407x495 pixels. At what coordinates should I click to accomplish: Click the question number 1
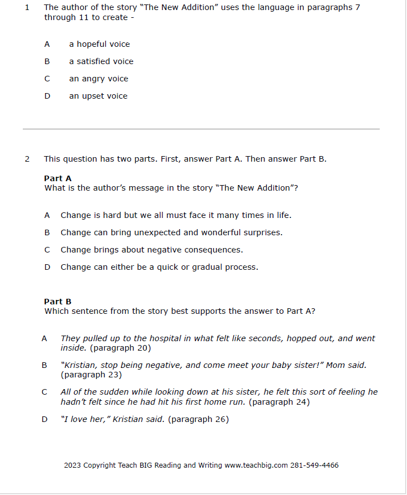coord(27,8)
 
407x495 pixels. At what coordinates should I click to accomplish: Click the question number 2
coord(27,159)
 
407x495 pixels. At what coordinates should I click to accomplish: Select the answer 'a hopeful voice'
coord(99,44)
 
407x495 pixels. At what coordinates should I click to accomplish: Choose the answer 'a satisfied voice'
coord(101,61)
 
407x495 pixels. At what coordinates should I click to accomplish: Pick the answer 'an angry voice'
coord(99,79)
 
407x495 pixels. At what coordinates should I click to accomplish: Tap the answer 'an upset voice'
coord(98,96)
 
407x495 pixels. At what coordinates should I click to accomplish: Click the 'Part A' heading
coord(58,178)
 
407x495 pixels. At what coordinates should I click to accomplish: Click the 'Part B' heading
coord(58,302)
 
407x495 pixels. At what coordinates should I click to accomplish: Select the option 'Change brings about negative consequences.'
coord(151,250)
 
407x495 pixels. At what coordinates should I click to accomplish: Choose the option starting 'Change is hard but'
coord(175,215)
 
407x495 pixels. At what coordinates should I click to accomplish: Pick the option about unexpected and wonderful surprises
coord(171,232)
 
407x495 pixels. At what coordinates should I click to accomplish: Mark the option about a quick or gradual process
coord(159,267)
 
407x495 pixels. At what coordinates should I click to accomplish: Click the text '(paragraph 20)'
coord(120,348)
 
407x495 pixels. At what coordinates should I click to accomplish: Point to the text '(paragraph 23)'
coord(91,375)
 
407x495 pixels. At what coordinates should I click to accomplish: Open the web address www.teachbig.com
coord(256,465)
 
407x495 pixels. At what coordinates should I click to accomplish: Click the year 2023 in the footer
coord(72,465)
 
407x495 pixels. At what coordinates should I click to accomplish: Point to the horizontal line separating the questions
coord(201,129)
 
